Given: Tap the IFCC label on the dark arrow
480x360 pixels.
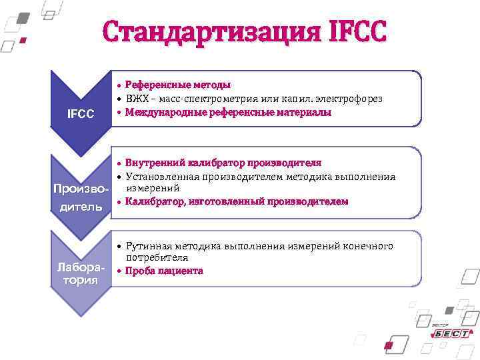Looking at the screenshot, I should tap(80, 114).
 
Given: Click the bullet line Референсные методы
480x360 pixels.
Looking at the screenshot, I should tap(178, 85).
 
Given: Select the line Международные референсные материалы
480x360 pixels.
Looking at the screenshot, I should tap(228, 113).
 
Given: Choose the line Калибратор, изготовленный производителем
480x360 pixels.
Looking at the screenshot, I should tap(236, 201).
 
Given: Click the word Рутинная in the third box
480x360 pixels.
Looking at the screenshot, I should tap(151, 246).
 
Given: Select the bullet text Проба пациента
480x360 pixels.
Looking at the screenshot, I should tap(164, 271).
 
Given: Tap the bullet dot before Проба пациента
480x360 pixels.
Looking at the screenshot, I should tap(118, 272).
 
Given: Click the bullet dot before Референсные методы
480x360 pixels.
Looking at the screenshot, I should tap(118, 86).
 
